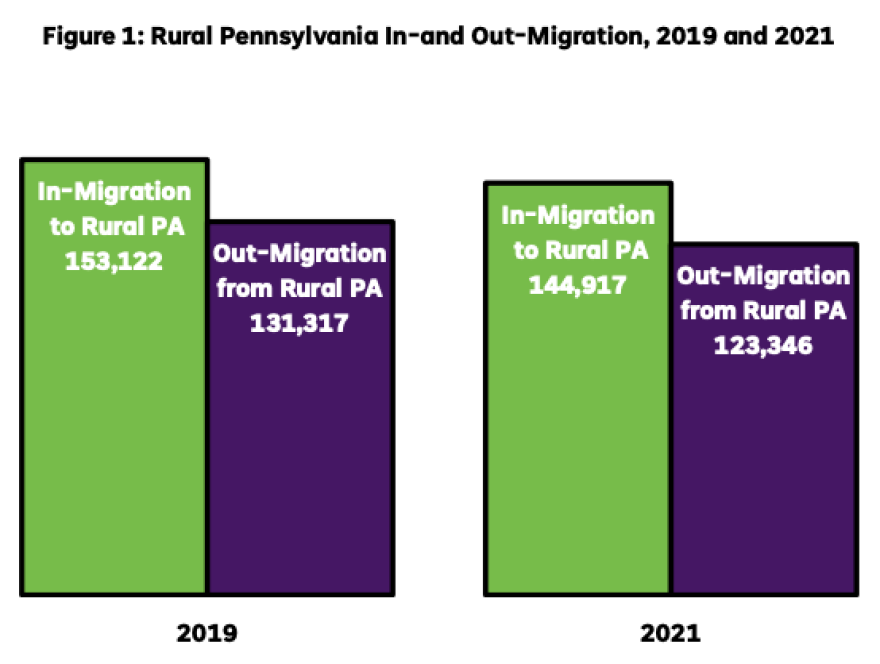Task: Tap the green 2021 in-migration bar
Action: tap(577, 440)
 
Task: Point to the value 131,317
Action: tap(300, 325)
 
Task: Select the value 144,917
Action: tap(578, 284)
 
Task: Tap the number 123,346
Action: tap(764, 345)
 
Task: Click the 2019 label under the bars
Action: tap(207, 633)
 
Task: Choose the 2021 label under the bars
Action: tap(671, 633)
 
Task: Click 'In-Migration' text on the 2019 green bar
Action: tap(113, 191)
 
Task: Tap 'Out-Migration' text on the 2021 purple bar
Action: tap(764, 276)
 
